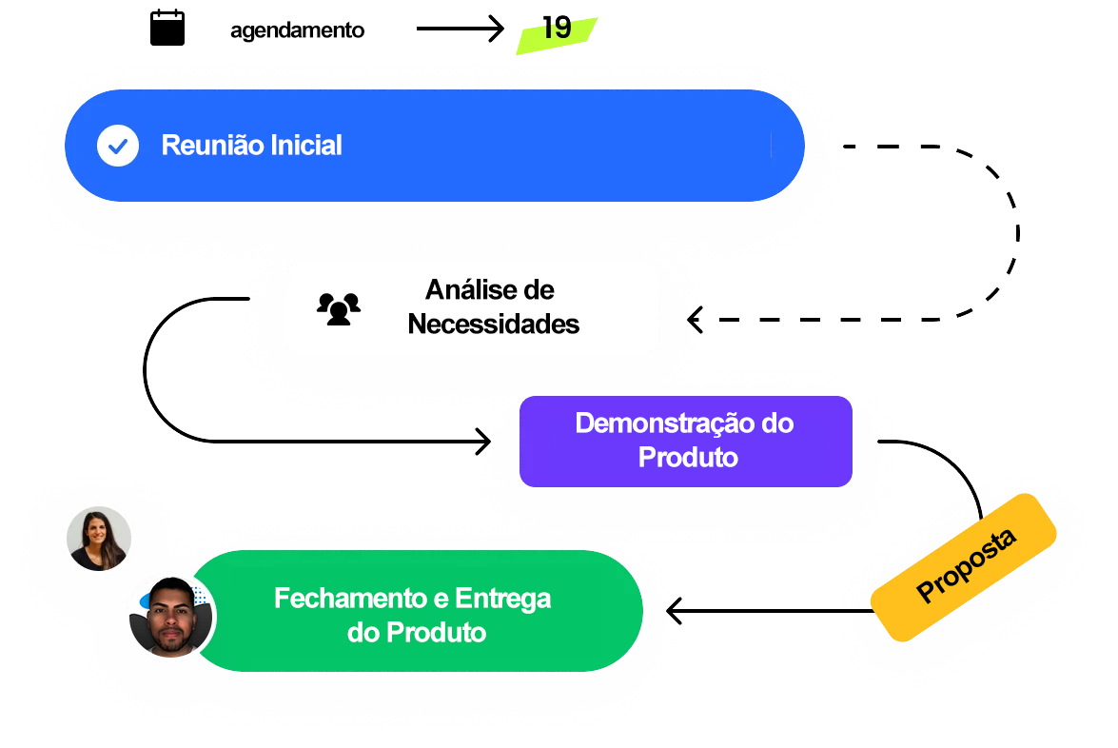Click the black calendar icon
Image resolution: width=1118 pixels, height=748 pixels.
167,28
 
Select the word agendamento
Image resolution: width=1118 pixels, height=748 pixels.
297,30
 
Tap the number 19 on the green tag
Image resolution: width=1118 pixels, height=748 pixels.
557,29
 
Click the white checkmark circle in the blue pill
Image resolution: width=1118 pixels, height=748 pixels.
118,146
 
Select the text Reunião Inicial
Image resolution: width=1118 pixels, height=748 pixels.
251,146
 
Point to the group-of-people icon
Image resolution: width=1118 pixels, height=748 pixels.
339,308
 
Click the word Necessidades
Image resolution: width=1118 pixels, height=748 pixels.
493,324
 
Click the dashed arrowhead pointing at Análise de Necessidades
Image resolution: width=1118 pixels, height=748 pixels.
696,320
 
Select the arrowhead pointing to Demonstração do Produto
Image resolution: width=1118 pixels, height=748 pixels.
483,442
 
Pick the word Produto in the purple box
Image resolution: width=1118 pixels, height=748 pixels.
688,457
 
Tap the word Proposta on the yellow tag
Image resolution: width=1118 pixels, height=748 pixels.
966,566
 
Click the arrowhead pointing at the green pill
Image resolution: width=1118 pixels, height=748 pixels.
675,611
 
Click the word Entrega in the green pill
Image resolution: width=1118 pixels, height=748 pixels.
502,599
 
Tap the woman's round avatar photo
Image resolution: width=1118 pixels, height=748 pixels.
99,539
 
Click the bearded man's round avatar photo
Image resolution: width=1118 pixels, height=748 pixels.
171,617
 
